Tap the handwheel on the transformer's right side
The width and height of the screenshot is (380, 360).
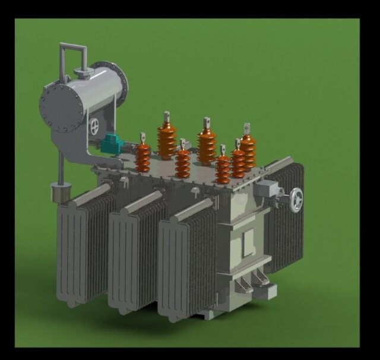click(295, 200)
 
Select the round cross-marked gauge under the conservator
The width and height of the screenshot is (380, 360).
click(94, 127)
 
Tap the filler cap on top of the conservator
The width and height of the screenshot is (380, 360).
click(83, 73)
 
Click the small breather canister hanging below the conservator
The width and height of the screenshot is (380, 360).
click(59, 194)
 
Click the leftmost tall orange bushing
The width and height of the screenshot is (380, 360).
click(166, 138)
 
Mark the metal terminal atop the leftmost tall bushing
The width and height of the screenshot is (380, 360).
click(167, 116)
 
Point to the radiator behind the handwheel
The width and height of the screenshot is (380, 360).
click(286, 226)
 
